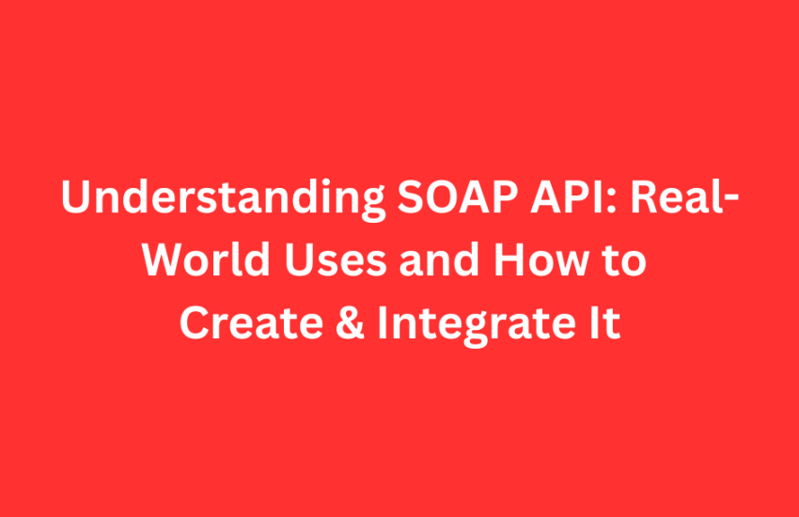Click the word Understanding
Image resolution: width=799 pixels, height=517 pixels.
(x=223, y=198)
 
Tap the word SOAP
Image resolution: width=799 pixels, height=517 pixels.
(x=458, y=196)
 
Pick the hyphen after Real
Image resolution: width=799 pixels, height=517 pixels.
(x=731, y=200)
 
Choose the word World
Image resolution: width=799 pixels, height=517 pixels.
(x=206, y=258)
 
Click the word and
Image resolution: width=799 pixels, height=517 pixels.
(x=439, y=258)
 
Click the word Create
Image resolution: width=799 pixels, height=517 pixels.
(x=251, y=322)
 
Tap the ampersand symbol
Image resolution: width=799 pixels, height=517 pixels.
(x=350, y=322)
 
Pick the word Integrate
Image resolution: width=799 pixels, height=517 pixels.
(x=477, y=325)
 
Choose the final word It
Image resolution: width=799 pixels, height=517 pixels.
(x=604, y=322)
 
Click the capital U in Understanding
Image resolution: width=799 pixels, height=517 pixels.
(x=76, y=196)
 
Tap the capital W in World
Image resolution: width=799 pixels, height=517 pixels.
(x=165, y=259)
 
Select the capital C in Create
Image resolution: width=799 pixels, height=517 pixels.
(x=196, y=322)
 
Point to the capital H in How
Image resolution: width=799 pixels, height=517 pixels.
(x=509, y=259)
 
